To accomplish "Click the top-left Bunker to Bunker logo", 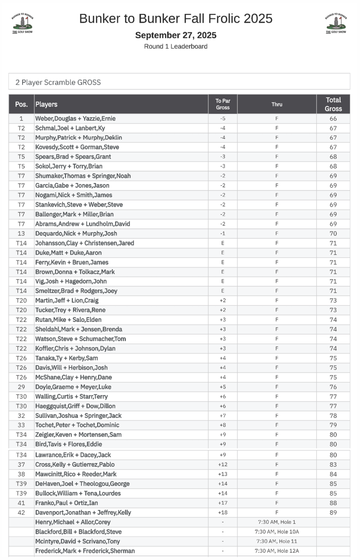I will (22, 23).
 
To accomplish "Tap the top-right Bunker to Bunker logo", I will (336, 23).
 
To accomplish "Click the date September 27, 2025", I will (176, 35).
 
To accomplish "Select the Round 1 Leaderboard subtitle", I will (176, 46).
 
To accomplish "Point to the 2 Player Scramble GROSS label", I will (58, 82).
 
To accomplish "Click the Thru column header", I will (277, 104).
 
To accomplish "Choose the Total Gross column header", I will (333, 104).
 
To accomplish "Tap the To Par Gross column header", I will (223, 104).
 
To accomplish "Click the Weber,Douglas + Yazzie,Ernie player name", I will (75, 119).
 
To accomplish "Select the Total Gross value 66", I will (333, 119).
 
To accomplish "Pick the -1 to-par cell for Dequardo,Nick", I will (223, 234).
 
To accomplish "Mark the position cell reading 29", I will (21, 387).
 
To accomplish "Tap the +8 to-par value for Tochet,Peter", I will (223, 425).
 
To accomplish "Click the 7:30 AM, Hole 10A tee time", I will (277, 532).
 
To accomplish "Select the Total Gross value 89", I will (333, 512).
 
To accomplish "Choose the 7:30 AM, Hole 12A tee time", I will (277, 551).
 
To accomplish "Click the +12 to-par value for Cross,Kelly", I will (223, 465).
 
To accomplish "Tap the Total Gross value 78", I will (333, 415).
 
